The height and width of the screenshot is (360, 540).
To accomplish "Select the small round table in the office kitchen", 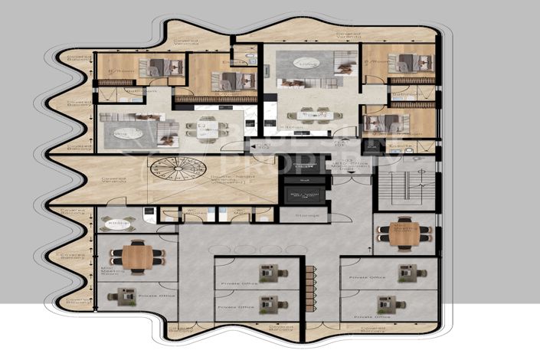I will click(119, 224).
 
